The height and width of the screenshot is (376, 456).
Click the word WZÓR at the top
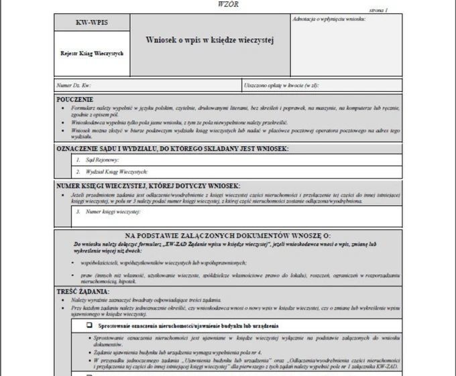pyautogui.click(x=228, y=4)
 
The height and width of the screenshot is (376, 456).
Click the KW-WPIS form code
pyautogui.click(x=92, y=23)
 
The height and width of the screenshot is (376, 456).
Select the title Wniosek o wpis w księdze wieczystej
pyautogui.click(x=211, y=40)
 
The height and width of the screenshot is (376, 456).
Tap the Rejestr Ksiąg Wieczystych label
pyautogui.click(x=92, y=53)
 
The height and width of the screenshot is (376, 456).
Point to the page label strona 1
pyautogui.click(x=378, y=11)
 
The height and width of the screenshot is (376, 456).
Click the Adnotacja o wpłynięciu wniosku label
pyautogui.click(x=329, y=19)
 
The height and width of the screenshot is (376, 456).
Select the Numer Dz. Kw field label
pyautogui.click(x=74, y=86)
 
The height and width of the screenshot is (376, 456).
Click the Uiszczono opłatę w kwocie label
pyautogui.click(x=281, y=86)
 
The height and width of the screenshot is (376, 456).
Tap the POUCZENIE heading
pyautogui.click(x=75, y=99)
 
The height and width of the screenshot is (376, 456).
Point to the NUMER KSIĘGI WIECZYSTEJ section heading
pyautogui.click(x=148, y=186)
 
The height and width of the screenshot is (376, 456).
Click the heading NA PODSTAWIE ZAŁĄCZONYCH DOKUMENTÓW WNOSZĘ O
pyautogui.click(x=227, y=236)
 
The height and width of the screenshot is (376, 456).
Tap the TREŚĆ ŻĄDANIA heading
pyautogui.click(x=83, y=292)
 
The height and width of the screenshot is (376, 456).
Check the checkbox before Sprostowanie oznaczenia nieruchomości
pyautogui.click(x=89, y=325)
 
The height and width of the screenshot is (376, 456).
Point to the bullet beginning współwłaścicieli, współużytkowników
pyautogui.click(x=162, y=263)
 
